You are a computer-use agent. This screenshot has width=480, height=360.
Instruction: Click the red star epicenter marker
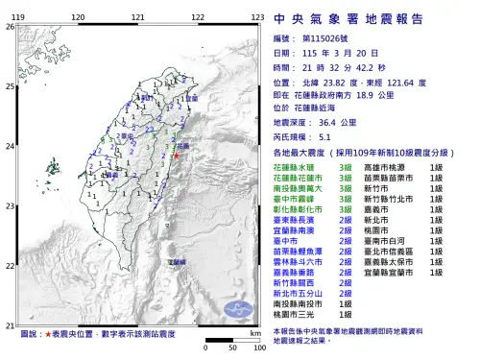[x=177, y=154]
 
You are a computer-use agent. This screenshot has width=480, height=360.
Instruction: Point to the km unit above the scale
[x=254, y=331]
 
